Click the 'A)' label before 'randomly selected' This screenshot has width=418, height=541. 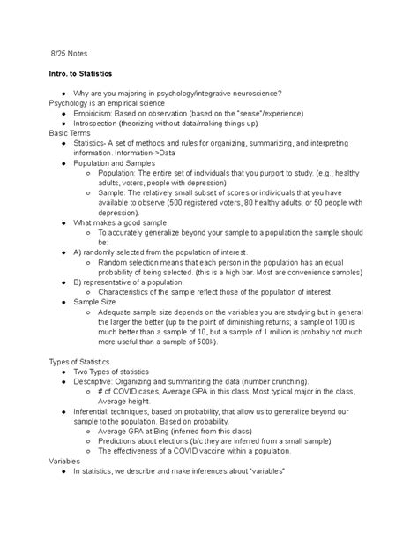[x=78, y=252]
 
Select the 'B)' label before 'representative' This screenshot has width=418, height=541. [x=78, y=282]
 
